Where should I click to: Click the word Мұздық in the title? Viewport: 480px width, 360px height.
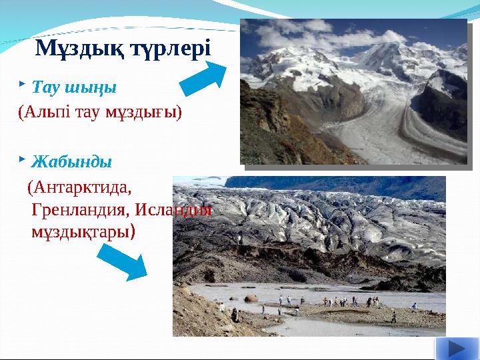71,48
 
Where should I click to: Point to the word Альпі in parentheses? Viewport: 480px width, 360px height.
49,111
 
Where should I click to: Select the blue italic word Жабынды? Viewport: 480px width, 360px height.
72,162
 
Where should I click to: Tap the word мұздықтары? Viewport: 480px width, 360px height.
83,233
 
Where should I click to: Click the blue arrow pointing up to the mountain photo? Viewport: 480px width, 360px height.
205,78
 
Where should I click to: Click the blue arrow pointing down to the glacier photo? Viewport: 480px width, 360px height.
125,261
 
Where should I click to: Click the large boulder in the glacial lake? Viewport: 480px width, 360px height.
251,298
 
